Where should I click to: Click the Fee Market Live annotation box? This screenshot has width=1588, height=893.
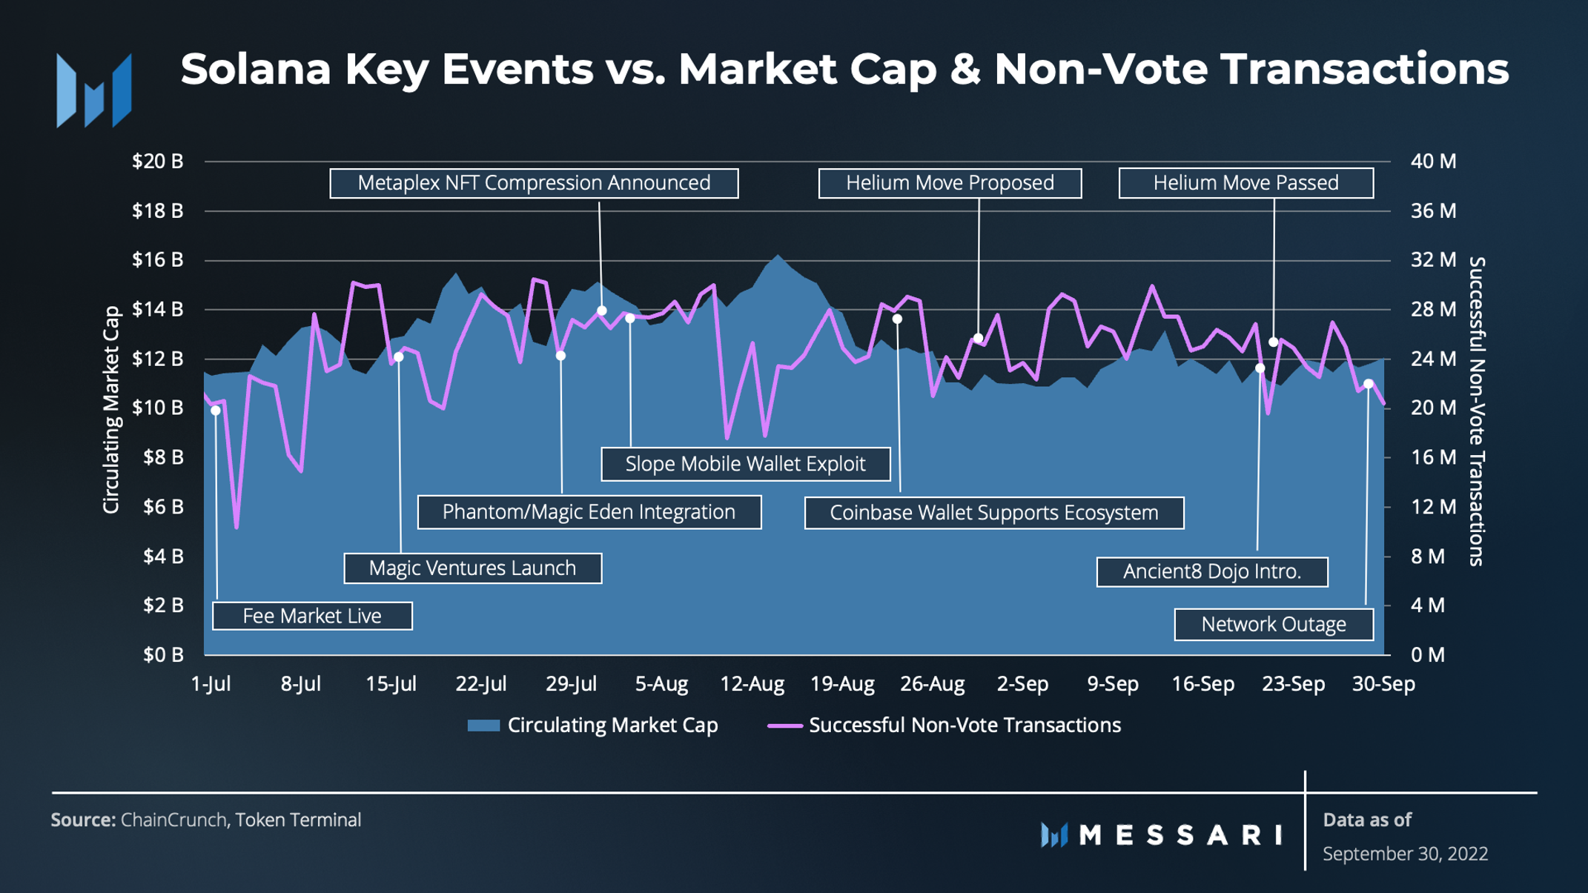(312, 616)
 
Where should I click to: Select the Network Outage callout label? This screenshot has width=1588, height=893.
(1274, 624)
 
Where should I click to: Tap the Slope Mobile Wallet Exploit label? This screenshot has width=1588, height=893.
(745, 464)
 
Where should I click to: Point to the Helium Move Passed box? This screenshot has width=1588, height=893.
(1245, 183)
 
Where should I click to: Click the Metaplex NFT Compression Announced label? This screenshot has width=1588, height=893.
(534, 183)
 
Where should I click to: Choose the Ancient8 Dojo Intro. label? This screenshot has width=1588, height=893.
(1212, 571)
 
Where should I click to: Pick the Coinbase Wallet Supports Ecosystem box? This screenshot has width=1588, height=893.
(994, 513)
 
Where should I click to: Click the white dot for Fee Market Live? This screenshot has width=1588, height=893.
(216, 411)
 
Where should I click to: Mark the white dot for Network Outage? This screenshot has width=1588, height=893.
(1369, 384)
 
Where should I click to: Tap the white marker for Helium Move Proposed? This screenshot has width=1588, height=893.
(979, 338)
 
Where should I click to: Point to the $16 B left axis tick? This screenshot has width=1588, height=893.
(157, 259)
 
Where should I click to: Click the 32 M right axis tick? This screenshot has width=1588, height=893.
(1433, 259)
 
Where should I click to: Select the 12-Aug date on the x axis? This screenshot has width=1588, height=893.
(752, 683)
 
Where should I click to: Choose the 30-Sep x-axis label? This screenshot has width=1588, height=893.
(1383, 683)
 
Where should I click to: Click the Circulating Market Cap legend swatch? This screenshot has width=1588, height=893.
(483, 726)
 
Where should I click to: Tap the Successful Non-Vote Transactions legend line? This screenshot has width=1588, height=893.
(785, 726)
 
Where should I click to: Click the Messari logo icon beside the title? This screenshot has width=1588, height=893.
(94, 90)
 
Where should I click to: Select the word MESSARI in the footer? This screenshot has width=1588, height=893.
(1180, 835)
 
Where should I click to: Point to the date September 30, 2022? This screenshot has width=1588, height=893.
(1405, 854)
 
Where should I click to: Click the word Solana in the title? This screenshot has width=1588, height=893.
(255, 69)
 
